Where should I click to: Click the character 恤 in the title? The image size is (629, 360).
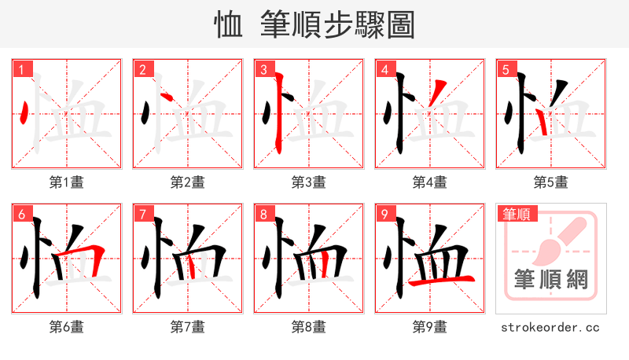point(229,25)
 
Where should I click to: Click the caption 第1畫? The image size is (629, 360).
point(67,182)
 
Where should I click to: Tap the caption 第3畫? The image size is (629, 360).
point(309,182)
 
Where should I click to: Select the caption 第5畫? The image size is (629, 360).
point(551,182)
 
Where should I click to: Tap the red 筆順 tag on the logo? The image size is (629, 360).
point(515,214)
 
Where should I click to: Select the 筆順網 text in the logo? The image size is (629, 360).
point(551,279)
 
